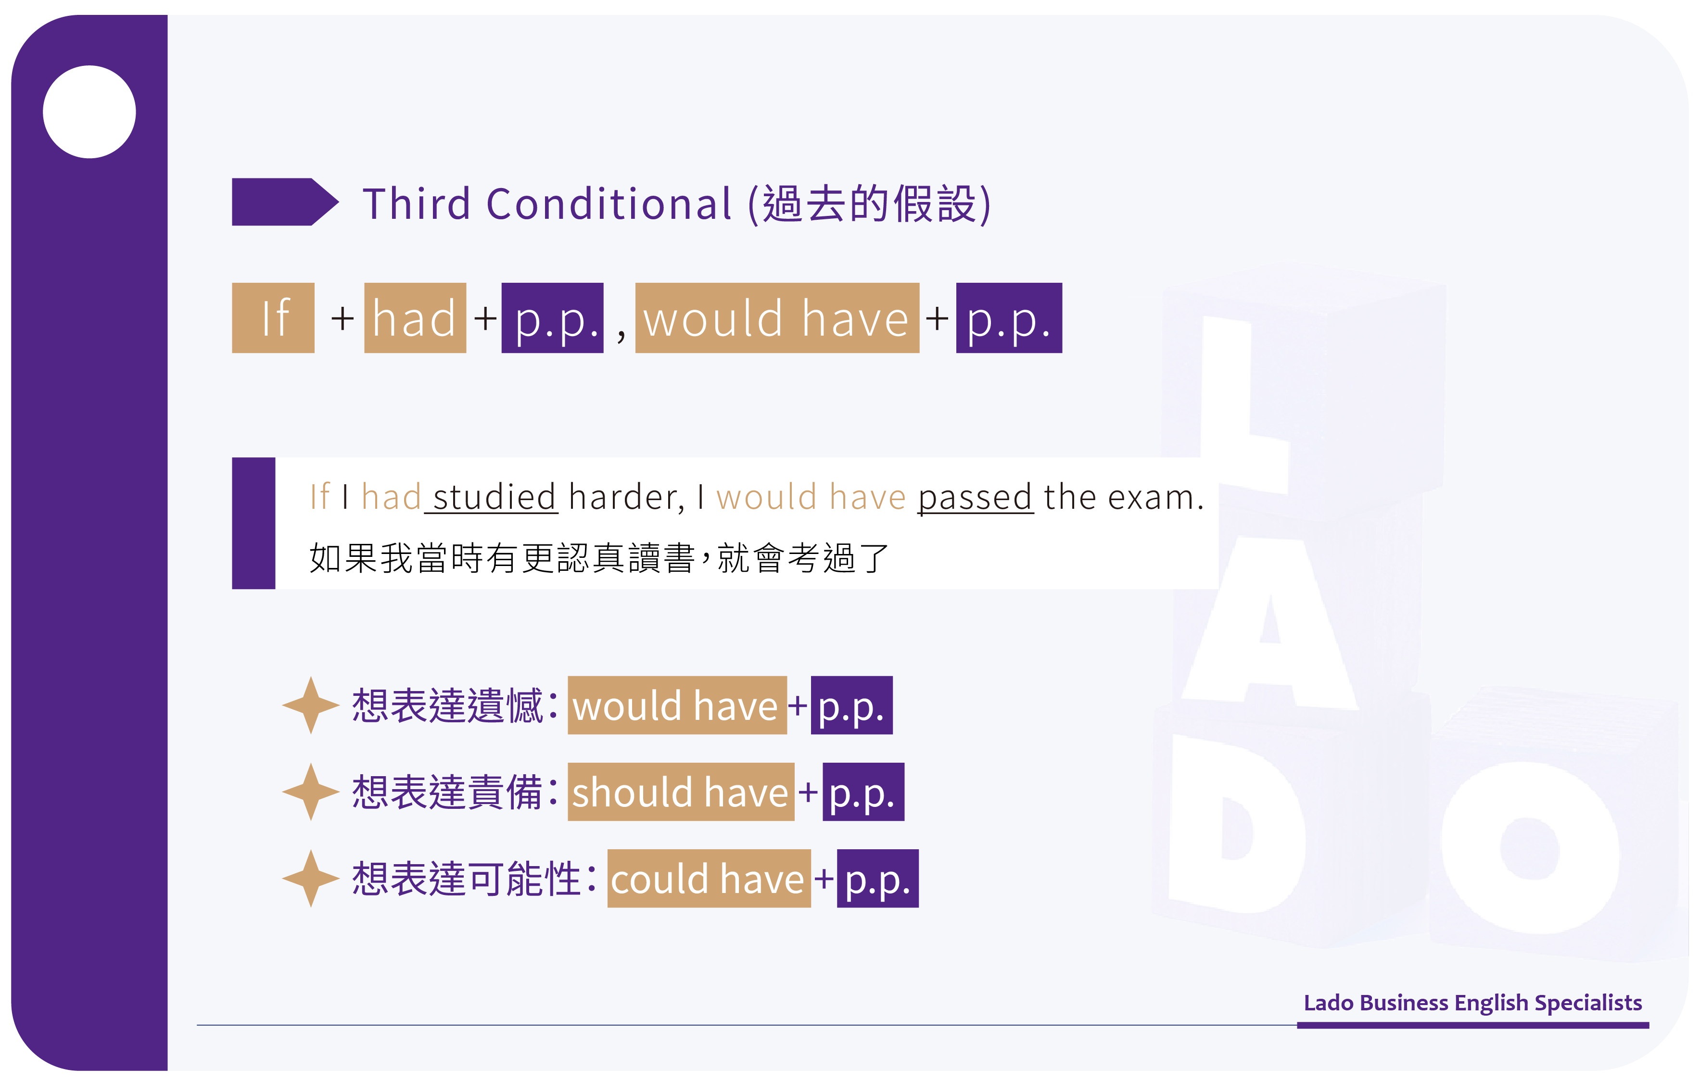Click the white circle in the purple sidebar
(x=89, y=112)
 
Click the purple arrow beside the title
(x=285, y=202)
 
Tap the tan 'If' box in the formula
(x=273, y=317)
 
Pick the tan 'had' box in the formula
(x=415, y=317)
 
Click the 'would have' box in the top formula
(x=777, y=317)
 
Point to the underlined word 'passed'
(x=976, y=498)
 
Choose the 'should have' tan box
(x=681, y=792)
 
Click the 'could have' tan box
(x=709, y=879)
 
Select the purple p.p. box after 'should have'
(x=863, y=792)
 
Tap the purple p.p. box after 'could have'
(x=877, y=879)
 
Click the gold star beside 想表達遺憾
(x=311, y=705)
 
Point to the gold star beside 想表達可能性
(x=311, y=879)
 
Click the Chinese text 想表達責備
(x=447, y=792)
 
